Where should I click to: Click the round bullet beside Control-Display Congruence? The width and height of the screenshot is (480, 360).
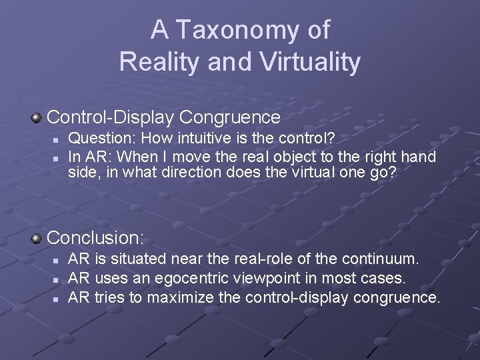(x=37, y=118)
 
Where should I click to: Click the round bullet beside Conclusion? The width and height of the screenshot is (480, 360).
(x=37, y=237)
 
